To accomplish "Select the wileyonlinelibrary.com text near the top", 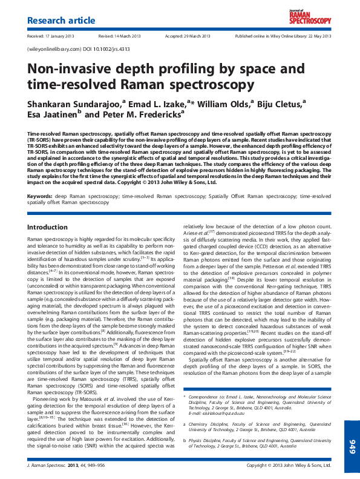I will (x=54, y=48).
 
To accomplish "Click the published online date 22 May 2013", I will (x=318, y=36).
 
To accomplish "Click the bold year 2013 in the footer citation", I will (x=73, y=466).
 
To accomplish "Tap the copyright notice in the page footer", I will (x=289, y=466).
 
